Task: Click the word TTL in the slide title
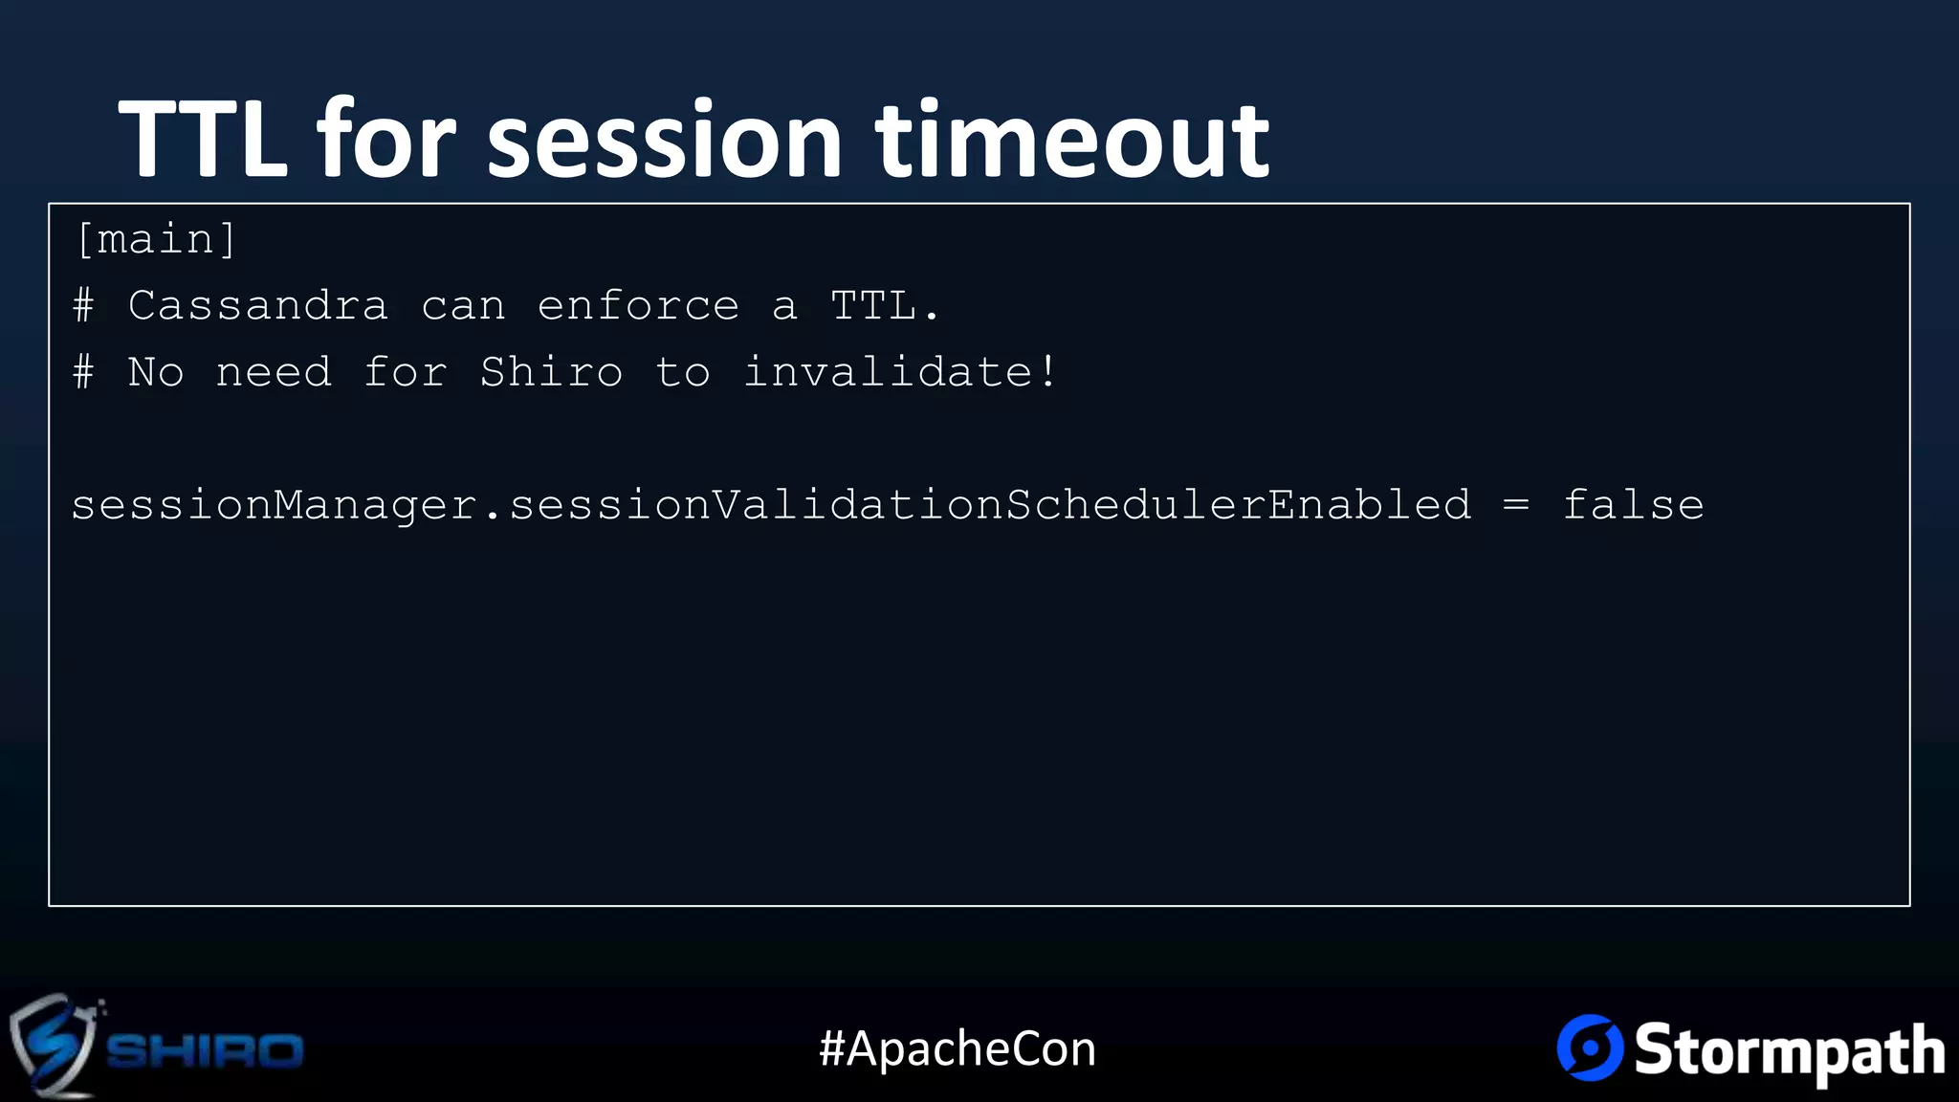click(203, 139)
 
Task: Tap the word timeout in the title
click(1072, 140)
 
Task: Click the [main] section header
click(156, 239)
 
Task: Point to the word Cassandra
click(258, 306)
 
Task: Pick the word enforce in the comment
click(638, 306)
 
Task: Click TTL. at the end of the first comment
click(885, 306)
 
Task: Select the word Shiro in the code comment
click(551, 372)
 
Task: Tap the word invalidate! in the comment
click(900, 372)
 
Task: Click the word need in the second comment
click(274, 372)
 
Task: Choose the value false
click(1633, 505)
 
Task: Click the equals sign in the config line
click(1516, 505)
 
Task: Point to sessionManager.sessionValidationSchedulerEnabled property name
click(771, 505)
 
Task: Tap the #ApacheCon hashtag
click(957, 1048)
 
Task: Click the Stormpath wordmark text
click(1789, 1050)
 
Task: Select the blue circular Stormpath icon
click(1590, 1047)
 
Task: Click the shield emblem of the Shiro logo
click(53, 1046)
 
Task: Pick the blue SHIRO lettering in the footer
click(205, 1050)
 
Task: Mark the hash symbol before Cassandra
click(84, 306)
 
